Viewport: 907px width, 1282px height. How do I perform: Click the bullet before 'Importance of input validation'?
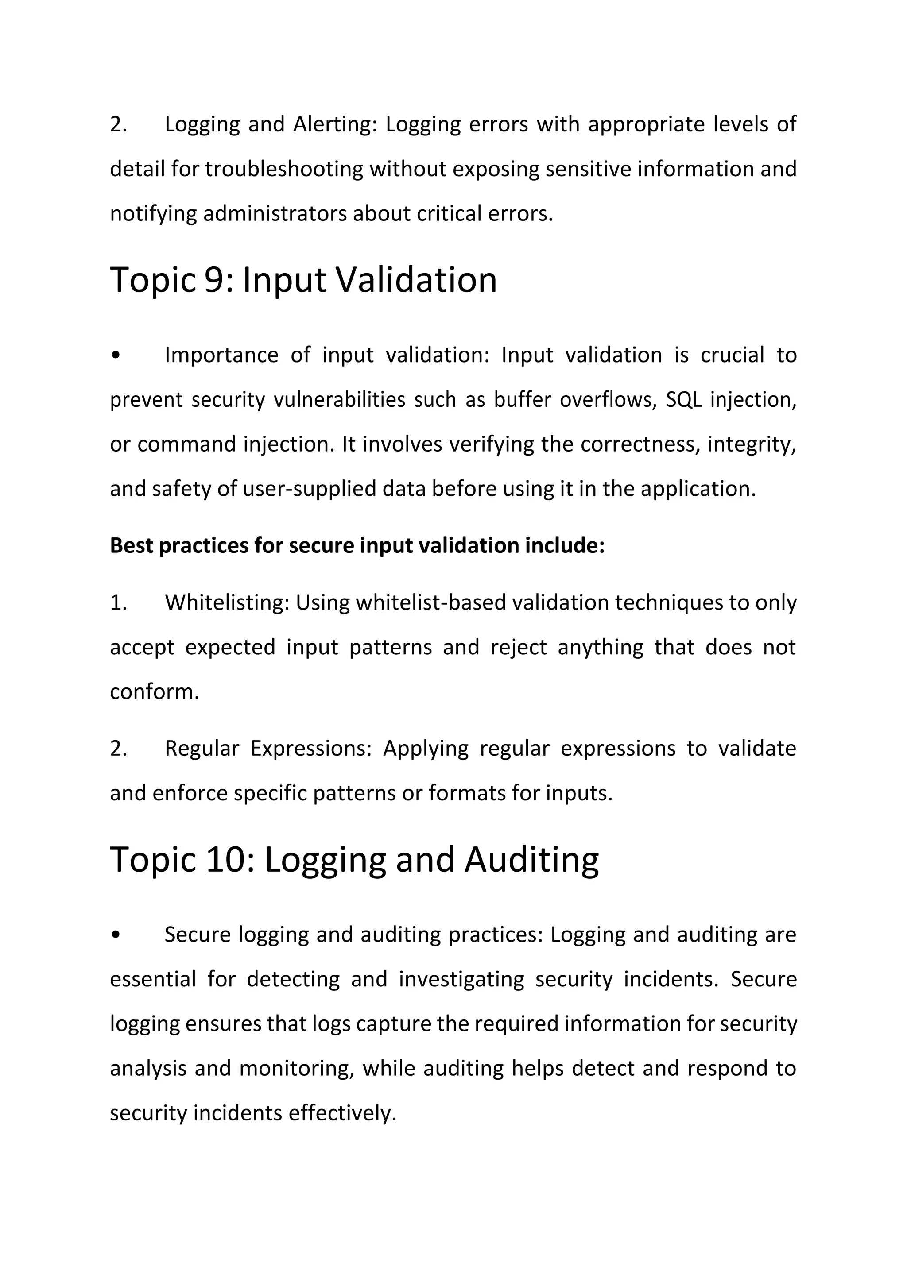(116, 355)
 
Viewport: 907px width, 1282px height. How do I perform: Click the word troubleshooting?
(284, 169)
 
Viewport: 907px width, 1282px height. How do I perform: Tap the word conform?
(154, 692)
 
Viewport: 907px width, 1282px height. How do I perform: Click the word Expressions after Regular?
(310, 748)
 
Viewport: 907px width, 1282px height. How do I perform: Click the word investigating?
(461, 979)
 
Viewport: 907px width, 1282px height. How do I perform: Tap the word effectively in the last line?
(342, 1113)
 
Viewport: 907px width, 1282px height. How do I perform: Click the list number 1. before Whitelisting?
(118, 602)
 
